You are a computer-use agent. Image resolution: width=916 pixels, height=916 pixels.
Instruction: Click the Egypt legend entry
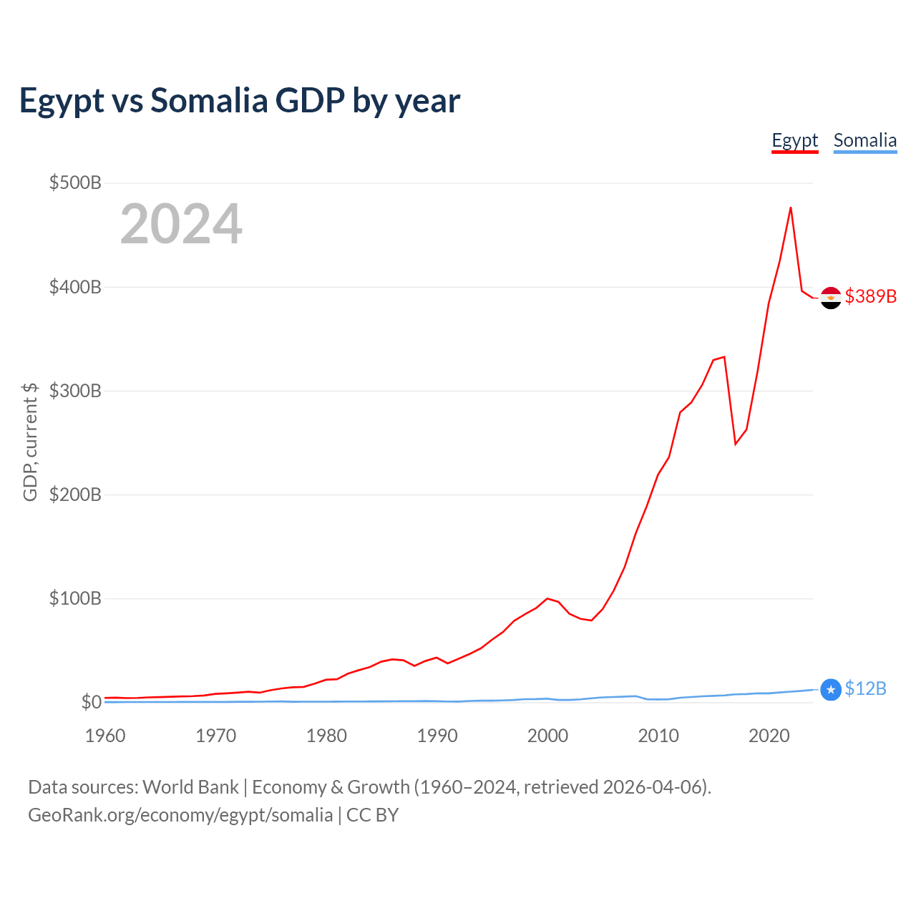794,140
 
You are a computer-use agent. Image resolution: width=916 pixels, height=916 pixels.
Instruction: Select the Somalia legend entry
864,140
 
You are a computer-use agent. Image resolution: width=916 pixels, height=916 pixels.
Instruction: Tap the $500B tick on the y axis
75,182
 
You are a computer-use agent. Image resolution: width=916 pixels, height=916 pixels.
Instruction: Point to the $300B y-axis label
75,391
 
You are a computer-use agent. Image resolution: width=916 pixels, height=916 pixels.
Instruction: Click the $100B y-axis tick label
75,598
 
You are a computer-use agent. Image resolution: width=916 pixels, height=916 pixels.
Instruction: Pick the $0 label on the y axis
91,702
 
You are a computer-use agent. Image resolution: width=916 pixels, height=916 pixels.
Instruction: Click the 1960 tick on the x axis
105,736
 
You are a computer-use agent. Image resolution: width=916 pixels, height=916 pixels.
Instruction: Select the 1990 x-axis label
437,736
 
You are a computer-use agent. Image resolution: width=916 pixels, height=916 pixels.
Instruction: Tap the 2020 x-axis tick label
769,736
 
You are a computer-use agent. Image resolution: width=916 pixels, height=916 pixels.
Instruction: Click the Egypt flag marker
830,298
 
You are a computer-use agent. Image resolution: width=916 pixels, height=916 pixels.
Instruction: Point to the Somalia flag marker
830,690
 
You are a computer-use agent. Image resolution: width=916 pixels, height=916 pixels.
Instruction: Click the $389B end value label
870,296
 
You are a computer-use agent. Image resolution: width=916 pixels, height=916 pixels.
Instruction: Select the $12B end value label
865,688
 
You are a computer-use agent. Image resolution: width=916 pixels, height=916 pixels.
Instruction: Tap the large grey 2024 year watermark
181,225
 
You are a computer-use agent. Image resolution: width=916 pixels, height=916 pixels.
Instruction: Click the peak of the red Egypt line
790,208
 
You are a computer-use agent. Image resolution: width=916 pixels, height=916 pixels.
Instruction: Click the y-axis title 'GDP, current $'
30,442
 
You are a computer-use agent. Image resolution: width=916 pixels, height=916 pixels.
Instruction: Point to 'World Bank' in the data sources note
190,787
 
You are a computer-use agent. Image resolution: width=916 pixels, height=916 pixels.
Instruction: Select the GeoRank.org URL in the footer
180,815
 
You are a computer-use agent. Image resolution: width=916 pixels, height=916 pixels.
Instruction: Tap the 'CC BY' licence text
372,815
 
